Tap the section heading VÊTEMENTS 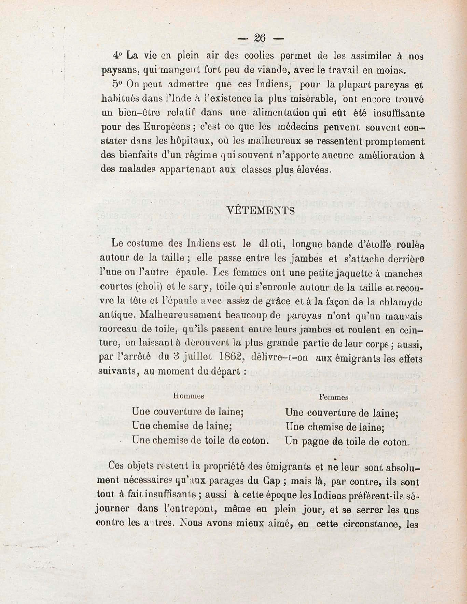(260, 211)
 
